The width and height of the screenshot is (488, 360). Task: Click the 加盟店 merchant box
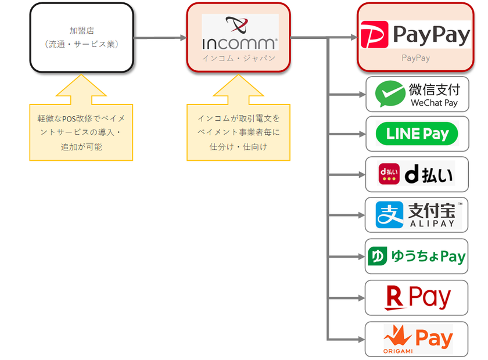pos(82,37)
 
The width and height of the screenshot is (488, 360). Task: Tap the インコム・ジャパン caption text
pos(239,58)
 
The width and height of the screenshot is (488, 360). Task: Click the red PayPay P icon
pos(374,35)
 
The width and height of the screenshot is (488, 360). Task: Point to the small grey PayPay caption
pos(416,58)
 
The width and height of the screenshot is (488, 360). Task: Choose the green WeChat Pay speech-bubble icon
pos(389,94)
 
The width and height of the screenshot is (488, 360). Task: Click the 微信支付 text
pos(435,89)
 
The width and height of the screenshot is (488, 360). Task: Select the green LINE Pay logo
pos(417,134)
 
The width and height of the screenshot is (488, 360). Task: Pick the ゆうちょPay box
pos(417,256)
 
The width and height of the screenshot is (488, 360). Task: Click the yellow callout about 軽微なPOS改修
pos(81,132)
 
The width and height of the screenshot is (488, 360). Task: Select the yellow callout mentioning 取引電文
pos(238,132)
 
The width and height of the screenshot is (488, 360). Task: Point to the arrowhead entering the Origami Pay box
pos(361,339)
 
